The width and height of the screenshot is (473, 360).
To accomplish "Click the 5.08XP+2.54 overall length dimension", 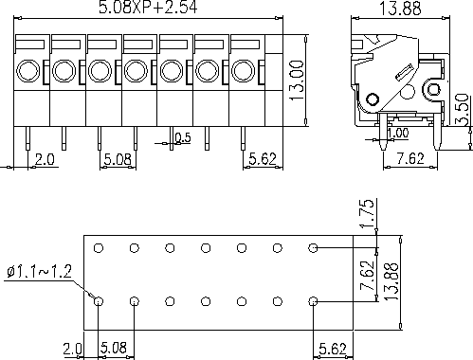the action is (148, 7).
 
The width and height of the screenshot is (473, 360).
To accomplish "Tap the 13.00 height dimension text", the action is (297, 81).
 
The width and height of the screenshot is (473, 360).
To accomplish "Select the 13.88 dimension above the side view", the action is (400, 9).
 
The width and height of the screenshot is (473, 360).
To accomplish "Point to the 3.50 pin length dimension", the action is (463, 109).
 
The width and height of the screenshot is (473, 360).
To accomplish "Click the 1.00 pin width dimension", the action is (398, 133).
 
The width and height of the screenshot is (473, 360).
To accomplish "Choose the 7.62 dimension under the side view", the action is (410, 158).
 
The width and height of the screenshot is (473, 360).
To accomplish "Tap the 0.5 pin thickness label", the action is (183, 137).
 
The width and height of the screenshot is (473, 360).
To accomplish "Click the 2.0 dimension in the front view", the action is (45, 159).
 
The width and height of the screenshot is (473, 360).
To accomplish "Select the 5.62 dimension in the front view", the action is (263, 158).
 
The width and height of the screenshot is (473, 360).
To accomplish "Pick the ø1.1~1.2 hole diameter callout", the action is (40, 272).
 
